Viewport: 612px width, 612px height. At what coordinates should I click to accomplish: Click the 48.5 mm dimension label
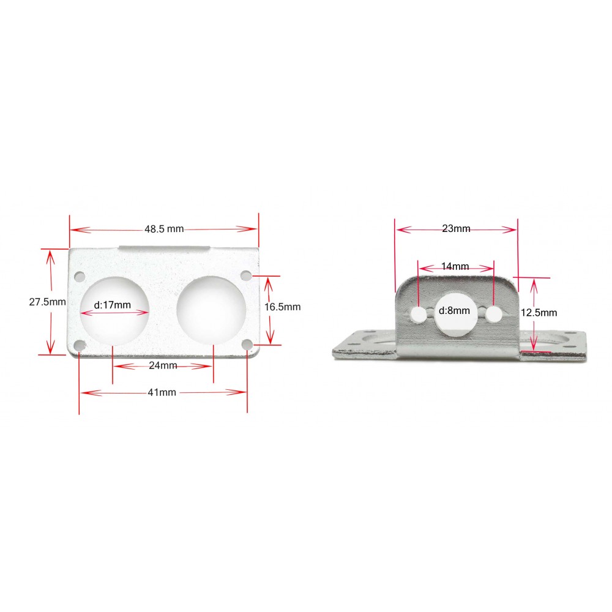164,229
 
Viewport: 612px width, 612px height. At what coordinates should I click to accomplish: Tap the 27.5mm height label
47,302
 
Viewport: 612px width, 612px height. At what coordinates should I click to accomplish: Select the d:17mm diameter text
113,305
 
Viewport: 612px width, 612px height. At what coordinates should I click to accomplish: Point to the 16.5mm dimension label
283,307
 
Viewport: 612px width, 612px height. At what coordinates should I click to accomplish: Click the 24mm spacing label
163,366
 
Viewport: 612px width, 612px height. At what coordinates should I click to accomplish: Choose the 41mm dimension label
162,392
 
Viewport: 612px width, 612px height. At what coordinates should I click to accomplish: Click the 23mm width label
456,228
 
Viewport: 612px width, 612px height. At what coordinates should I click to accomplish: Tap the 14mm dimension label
455,266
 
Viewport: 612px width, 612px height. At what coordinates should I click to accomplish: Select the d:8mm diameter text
454,311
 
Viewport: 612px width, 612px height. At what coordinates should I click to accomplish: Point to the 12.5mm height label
539,313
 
